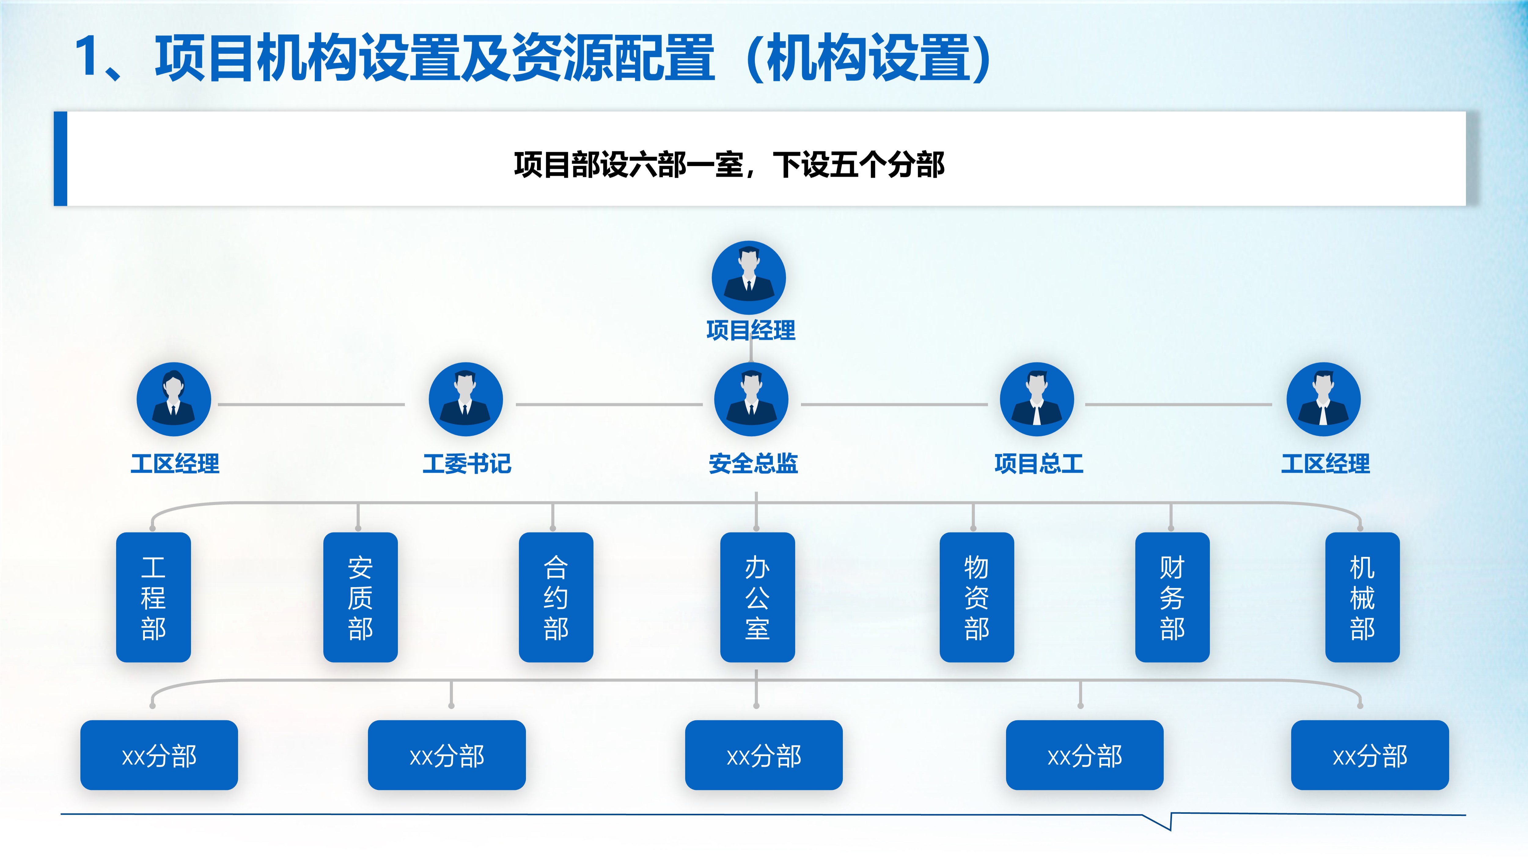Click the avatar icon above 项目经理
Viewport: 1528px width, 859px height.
[749, 277]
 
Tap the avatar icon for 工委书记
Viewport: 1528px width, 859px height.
[466, 399]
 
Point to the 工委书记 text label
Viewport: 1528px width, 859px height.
[467, 464]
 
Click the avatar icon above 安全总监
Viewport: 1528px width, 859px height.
[751, 399]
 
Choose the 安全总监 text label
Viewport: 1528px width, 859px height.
[753, 464]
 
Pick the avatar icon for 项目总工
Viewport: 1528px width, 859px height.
[1037, 399]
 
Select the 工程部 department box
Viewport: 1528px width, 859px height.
[154, 597]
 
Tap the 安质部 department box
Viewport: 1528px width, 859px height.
[361, 597]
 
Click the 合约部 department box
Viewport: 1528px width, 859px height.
[556, 597]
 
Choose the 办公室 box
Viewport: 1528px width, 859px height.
[758, 597]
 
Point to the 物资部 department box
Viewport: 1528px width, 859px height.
[977, 597]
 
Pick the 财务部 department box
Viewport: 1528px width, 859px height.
[1172, 597]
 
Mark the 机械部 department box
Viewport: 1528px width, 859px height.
[1362, 597]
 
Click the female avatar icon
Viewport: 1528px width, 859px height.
[174, 399]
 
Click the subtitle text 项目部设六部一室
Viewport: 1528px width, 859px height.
[629, 165]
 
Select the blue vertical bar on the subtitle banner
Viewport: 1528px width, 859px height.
[61, 159]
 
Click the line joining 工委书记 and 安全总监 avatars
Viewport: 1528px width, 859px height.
[609, 404]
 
